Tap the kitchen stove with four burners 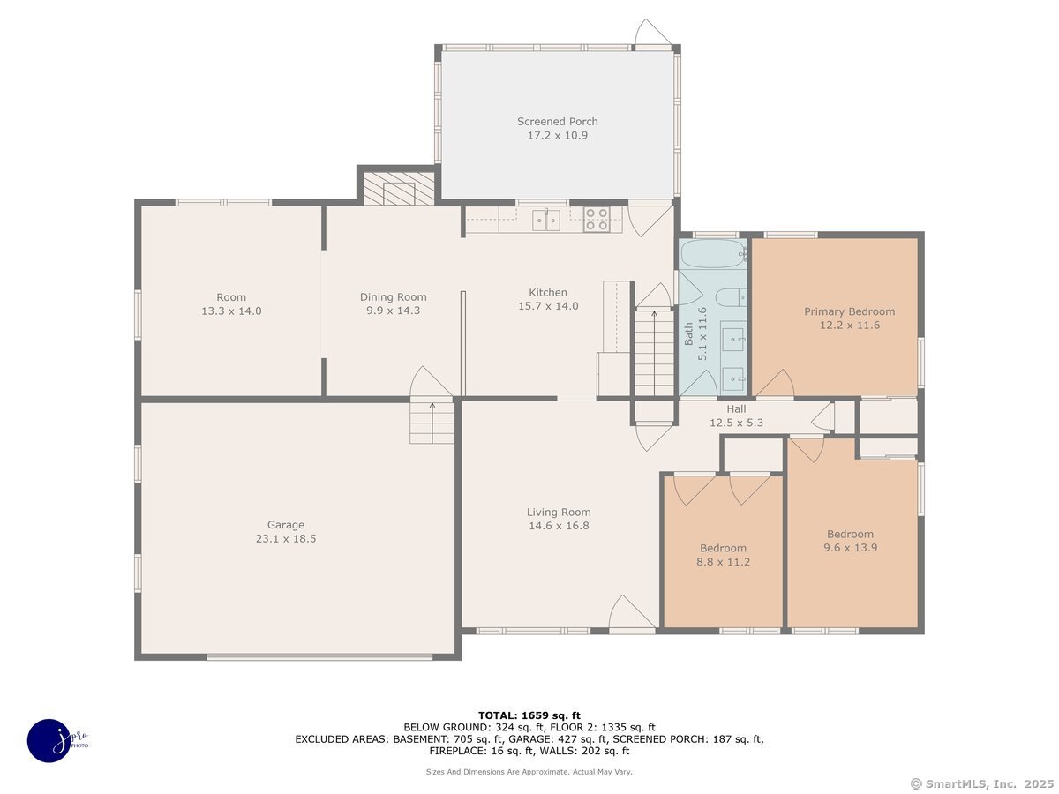click(x=597, y=220)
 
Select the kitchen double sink click(x=546, y=221)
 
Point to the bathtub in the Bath click(x=714, y=254)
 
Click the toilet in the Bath click(x=731, y=297)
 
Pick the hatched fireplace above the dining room click(x=399, y=189)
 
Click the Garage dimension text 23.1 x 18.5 click(x=286, y=538)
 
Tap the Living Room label click(x=559, y=512)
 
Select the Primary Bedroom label click(x=849, y=311)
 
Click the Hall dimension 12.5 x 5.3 click(x=736, y=423)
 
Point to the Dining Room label click(x=394, y=297)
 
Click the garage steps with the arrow click(x=432, y=423)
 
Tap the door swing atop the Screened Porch click(x=652, y=34)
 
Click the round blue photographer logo click(x=50, y=741)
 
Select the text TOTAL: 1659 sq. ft click(x=529, y=715)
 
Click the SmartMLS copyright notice click(x=982, y=783)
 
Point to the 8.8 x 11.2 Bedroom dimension click(x=723, y=562)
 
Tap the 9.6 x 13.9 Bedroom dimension click(x=850, y=548)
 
